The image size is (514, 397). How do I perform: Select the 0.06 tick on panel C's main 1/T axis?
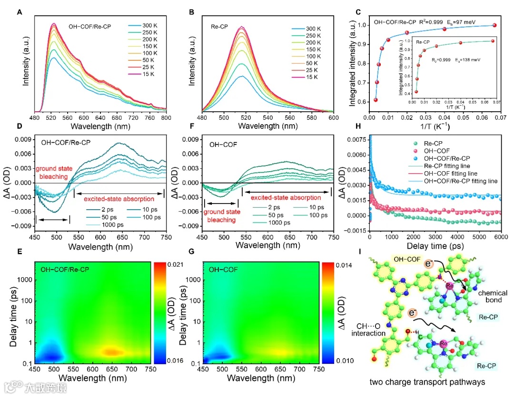pyautogui.click(x=481, y=116)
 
